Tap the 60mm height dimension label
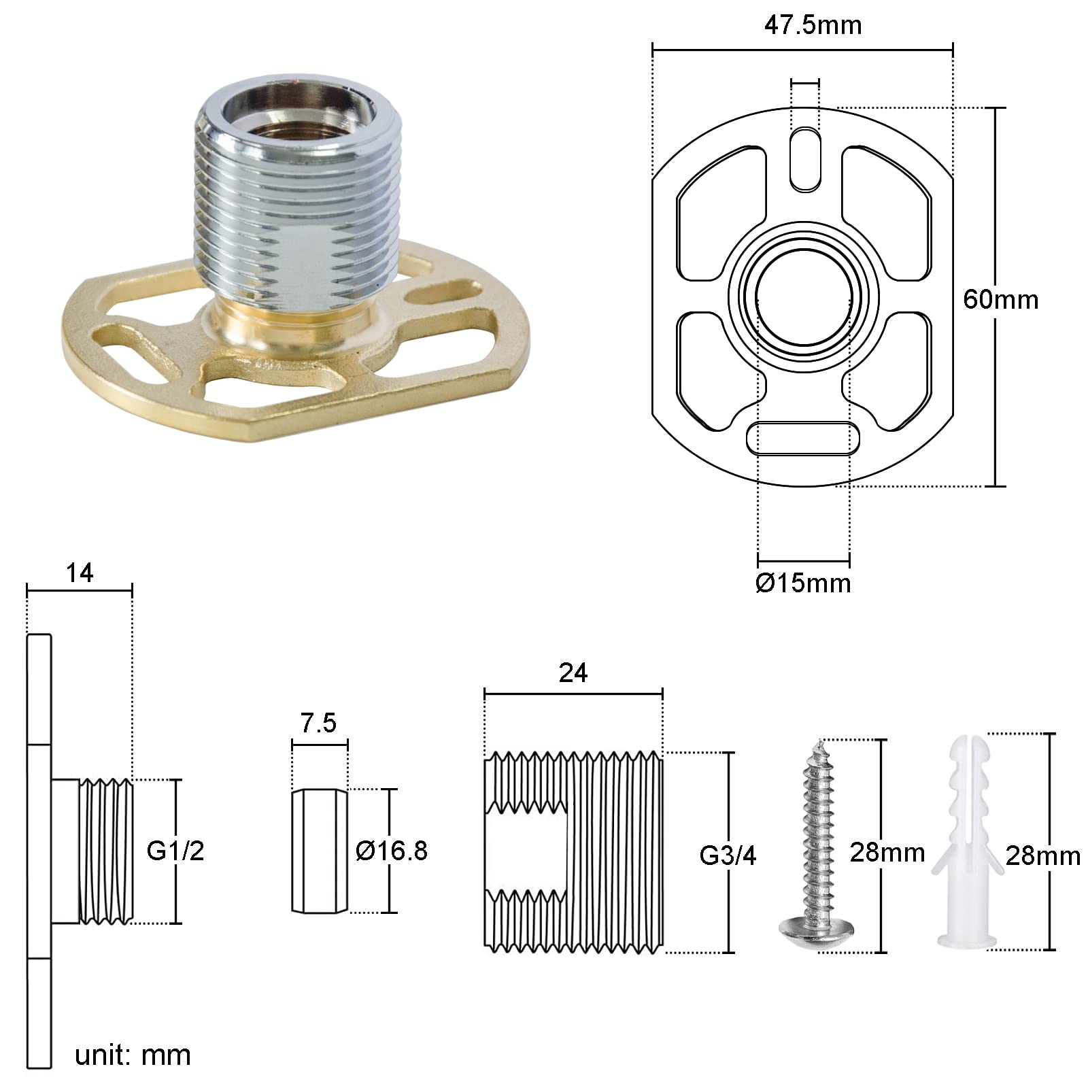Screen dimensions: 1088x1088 (1000, 299)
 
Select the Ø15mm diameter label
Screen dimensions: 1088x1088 (803, 583)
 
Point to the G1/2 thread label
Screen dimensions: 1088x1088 (175, 851)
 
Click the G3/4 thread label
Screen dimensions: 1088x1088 (728, 856)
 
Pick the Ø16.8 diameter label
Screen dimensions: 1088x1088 (392, 851)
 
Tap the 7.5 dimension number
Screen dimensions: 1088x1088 (319, 723)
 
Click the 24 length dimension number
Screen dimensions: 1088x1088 (573, 673)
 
